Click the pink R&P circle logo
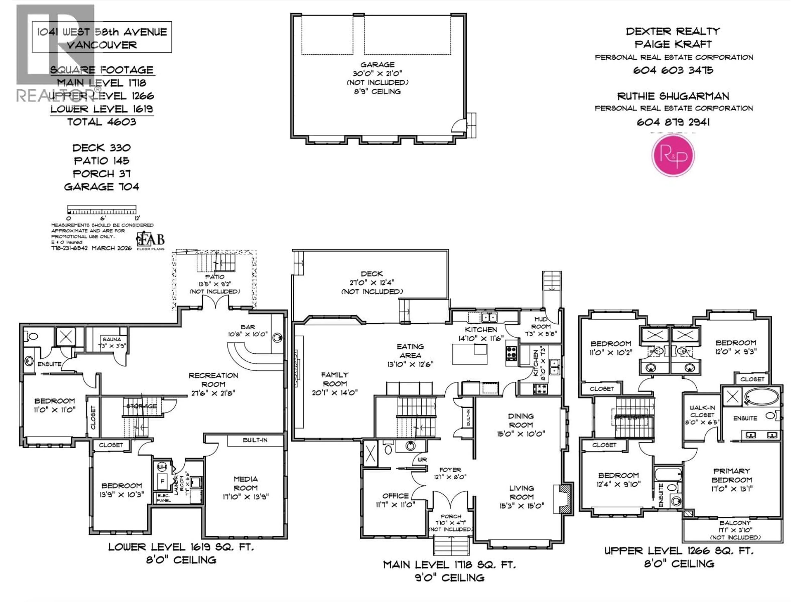[673, 155]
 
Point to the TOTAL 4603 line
[102, 122]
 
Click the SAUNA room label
[111, 339]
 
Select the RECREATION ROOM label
[214, 380]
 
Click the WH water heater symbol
[162, 467]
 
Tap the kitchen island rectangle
[469, 354]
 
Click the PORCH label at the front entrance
[450, 516]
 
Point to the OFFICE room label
[395, 496]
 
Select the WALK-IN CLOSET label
[702, 411]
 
